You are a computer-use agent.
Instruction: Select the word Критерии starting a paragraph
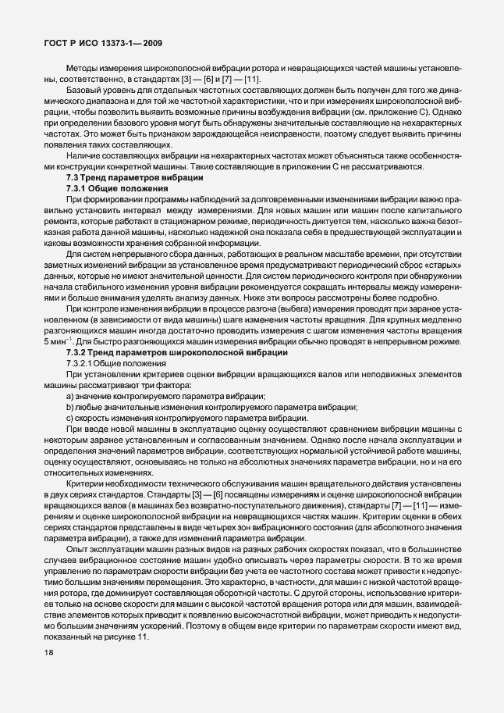click(x=85, y=484)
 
